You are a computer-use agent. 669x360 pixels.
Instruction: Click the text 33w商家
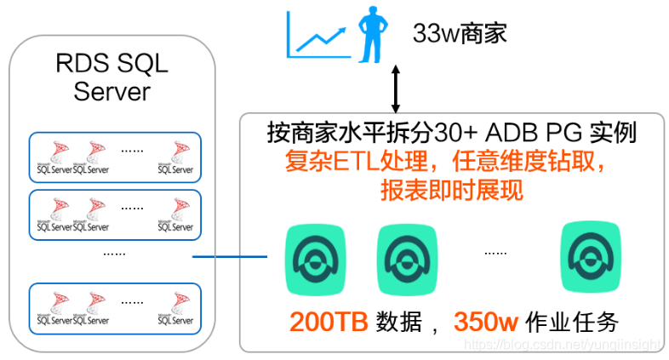460,34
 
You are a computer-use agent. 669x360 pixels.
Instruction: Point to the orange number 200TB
328,323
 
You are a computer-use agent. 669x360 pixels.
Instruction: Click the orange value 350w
485,323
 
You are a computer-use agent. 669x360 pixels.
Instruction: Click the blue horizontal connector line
229,257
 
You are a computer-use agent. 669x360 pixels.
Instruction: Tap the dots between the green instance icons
495,253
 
